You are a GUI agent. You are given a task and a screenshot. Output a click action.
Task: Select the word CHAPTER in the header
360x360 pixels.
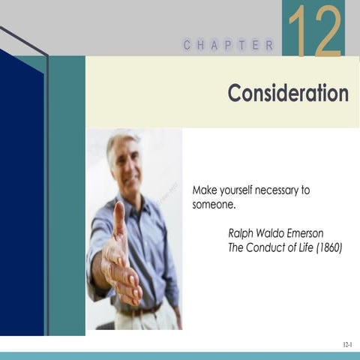pos(229,45)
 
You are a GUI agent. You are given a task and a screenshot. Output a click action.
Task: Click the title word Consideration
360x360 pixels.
pos(288,94)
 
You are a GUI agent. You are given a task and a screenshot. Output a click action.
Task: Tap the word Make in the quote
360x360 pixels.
pos(206,190)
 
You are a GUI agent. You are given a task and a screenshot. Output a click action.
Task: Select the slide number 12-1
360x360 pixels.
pos(346,344)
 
